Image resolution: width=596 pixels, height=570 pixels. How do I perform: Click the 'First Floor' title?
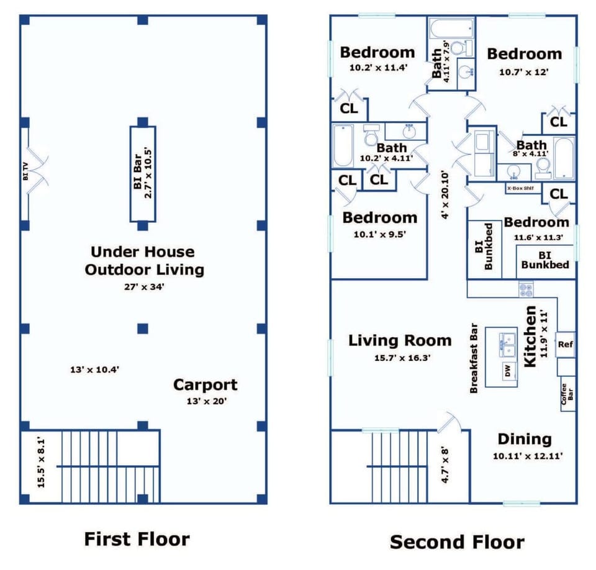[x=137, y=539]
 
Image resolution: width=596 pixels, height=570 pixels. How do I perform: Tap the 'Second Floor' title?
[x=458, y=542]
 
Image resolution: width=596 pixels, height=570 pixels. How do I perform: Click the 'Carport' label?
[x=205, y=385]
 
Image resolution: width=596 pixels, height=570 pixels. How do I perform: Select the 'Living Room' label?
[x=400, y=340]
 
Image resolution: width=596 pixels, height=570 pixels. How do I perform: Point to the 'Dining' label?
[x=525, y=439]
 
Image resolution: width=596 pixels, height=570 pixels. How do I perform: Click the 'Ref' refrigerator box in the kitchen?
[x=565, y=345]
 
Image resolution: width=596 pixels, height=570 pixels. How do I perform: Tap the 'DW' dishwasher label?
[x=508, y=370]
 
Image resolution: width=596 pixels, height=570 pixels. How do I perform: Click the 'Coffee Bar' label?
[x=567, y=394]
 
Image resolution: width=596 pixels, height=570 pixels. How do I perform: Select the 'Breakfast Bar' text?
[x=474, y=358]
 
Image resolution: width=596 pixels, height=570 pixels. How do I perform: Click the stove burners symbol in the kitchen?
[x=526, y=289]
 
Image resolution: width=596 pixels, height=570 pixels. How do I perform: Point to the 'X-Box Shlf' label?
[x=520, y=188]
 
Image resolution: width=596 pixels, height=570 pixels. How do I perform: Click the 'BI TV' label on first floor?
[x=25, y=171]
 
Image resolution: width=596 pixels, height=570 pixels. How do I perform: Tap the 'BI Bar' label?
[x=138, y=172]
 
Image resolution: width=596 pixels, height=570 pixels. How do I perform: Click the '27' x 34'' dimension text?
[x=144, y=287]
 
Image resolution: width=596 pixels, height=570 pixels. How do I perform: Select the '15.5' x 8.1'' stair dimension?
[x=41, y=463]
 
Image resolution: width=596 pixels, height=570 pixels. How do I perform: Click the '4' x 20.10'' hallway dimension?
[x=445, y=195]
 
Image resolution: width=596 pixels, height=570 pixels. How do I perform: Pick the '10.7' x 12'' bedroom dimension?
[x=524, y=72]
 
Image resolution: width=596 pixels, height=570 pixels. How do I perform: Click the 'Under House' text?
[x=143, y=251]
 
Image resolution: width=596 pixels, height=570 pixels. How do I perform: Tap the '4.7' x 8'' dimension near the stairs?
[x=445, y=466]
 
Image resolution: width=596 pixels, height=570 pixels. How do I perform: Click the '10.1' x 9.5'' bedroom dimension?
[x=380, y=234]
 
